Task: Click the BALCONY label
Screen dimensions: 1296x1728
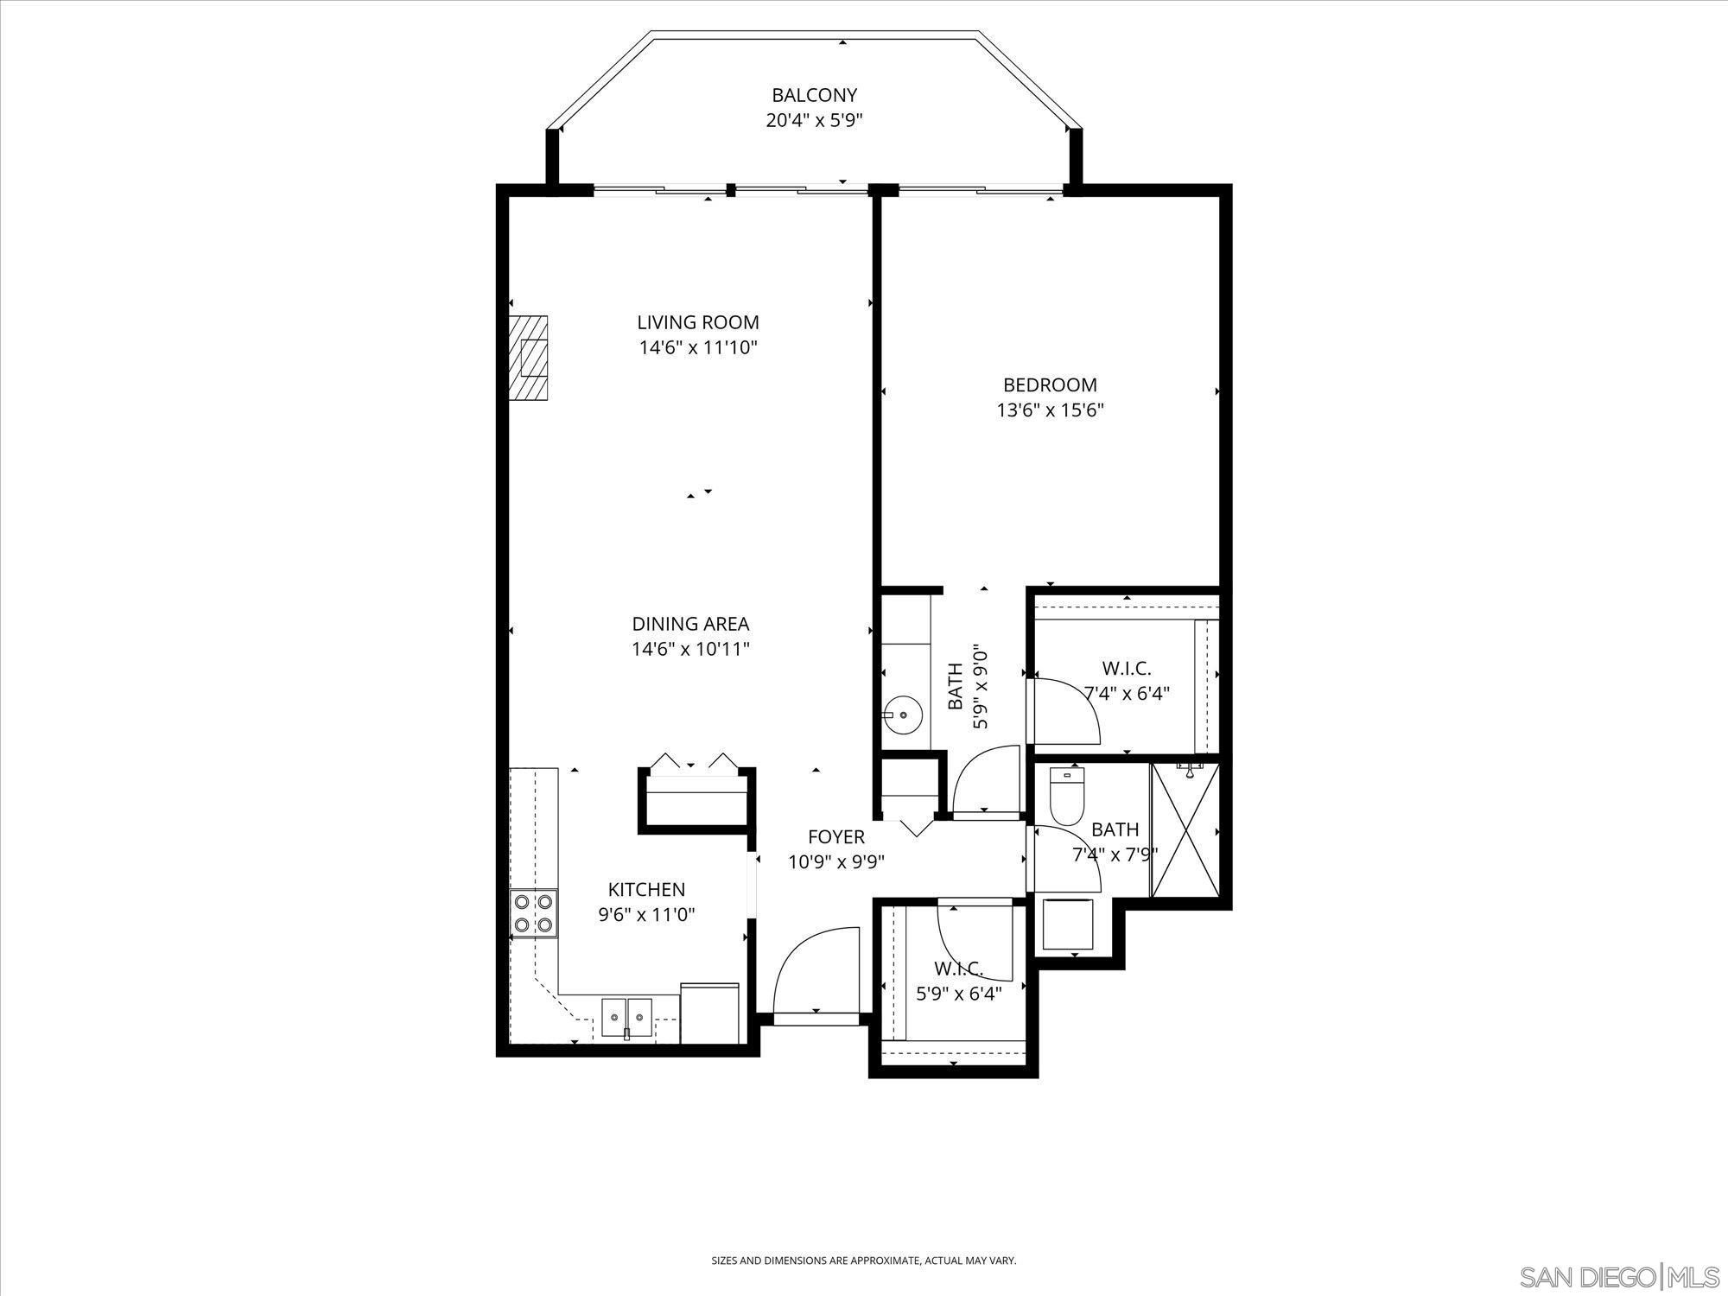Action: coord(814,95)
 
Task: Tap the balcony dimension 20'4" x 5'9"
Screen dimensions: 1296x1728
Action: coord(814,120)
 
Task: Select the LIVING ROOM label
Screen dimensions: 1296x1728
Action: coord(698,322)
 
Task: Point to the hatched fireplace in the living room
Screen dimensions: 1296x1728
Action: coord(528,357)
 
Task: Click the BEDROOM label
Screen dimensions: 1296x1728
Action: coord(1050,384)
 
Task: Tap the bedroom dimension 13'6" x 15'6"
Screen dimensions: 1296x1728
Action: coord(1050,410)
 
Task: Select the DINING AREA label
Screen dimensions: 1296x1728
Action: coord(690,624)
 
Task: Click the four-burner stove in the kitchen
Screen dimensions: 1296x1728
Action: coord(534,913)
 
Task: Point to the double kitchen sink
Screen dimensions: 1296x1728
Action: coord(627,1012)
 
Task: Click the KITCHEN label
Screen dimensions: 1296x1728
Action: coord(646,889)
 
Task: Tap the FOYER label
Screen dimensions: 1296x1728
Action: coord(835,836)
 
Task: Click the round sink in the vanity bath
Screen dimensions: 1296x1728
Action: coord(901,715)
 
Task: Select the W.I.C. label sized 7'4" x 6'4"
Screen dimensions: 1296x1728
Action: coord(1127,668)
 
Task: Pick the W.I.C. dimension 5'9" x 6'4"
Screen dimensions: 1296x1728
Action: coord(958,994)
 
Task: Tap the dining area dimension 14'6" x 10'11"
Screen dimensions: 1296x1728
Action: coord(690,649)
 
